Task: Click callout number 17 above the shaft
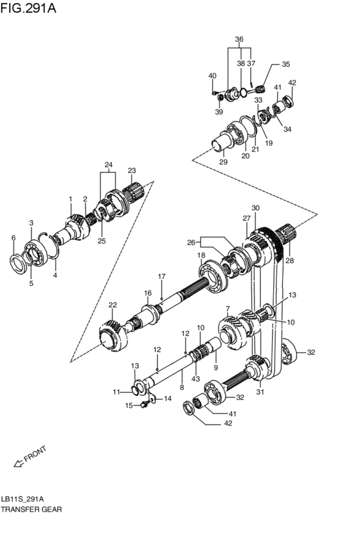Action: pos(162,277)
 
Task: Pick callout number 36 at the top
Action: pos(239,39)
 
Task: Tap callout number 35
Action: pos(285,64)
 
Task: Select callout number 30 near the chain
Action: pos(255,208)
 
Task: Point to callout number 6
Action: pos(13,238)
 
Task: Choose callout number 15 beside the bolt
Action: pos(129,405)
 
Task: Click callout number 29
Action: pos(223,162)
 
